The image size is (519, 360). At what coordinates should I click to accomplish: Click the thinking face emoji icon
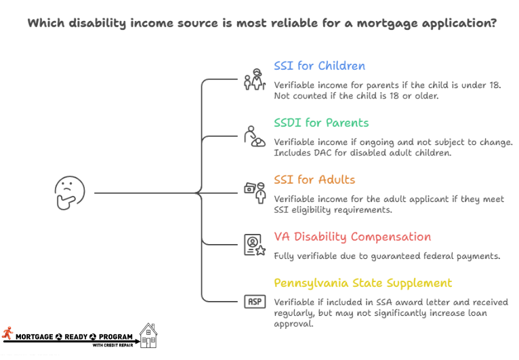coord(70,193)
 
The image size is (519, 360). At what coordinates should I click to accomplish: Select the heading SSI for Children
coord(319,66)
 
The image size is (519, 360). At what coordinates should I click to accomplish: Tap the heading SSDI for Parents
coord(321,123)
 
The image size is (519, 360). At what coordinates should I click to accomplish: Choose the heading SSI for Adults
coord(314,180)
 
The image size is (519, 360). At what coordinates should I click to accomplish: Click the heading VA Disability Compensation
coord(352,237)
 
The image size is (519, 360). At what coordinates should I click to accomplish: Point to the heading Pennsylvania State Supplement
coord(362,283)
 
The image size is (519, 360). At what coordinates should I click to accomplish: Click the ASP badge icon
coord(255,302)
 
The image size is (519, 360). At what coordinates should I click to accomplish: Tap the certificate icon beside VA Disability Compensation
coord(255,245)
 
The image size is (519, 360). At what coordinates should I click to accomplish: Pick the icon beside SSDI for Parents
coord(255,136)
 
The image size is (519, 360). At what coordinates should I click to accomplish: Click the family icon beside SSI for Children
coord(255,80)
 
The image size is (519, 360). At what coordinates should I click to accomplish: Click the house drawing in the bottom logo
coord(149,335)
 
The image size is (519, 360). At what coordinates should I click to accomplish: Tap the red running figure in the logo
coord(7,334)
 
